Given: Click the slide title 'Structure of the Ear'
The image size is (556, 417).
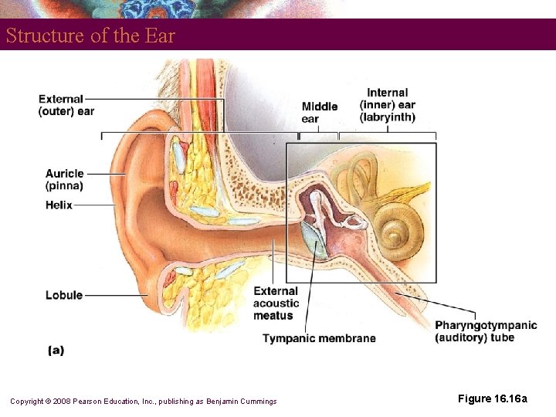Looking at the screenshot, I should tap(91, 36).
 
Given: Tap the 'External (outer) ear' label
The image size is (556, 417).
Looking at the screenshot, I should tap(66, 105).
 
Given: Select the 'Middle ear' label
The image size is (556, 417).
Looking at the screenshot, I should tap(319, 113).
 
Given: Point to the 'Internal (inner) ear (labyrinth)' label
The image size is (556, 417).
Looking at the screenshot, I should tap(388, 106).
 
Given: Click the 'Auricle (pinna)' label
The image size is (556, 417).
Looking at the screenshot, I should tap(64, 179).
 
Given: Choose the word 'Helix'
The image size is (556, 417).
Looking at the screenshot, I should tap(59, 205).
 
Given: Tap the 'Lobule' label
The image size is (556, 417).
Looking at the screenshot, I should tap(63, 295).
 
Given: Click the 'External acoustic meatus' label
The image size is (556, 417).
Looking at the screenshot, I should tap(276, 303).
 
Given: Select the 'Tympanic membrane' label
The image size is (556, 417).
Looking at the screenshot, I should tap(319, 338).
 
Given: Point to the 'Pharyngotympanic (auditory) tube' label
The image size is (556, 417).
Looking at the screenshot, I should tap(486, 331).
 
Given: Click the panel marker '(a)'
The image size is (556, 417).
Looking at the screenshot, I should tap(56, 351).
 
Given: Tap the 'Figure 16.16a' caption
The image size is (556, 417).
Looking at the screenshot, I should tap(493, 398).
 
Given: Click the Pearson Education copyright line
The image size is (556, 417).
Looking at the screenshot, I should tap(143, 401).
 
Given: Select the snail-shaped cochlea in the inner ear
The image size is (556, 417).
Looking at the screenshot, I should tap(397, 229).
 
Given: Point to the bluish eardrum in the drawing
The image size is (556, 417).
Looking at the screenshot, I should tap(312, 240).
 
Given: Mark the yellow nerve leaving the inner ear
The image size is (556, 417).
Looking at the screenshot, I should tap(413, 192).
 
